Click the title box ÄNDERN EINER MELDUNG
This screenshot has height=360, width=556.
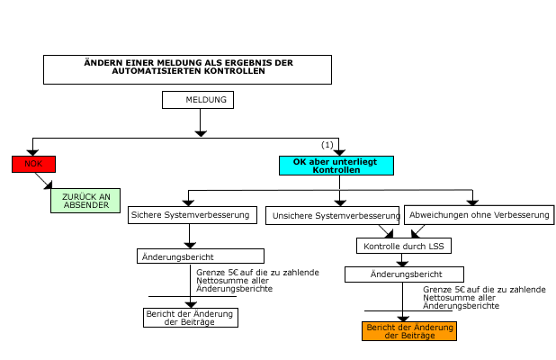(x=187, y=67)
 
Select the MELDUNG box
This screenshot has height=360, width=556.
(x=199, y=99)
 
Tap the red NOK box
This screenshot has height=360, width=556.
(x=33, y=164)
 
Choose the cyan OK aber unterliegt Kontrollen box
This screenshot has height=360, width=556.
(x=336, y=165)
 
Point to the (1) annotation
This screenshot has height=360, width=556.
(x=327, y=145)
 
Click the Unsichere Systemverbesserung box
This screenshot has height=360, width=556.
(x=333, y=216)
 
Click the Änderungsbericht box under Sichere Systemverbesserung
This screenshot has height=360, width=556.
(x=189, y=256)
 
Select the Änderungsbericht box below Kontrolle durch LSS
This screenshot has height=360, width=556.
(x=404, y=274)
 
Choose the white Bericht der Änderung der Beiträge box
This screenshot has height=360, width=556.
(x=190, y=317)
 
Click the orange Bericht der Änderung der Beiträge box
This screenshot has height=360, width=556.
(x=409, y=330)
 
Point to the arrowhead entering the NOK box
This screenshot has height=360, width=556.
(x=33, y=152)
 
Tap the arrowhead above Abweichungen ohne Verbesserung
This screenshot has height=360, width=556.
(x=472, y=202)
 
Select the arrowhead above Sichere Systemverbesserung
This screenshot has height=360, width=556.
(x=189, y=202)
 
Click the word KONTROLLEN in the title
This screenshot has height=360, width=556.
(x=236, y=71)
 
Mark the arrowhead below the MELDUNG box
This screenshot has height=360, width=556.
(x=199, y=131)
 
